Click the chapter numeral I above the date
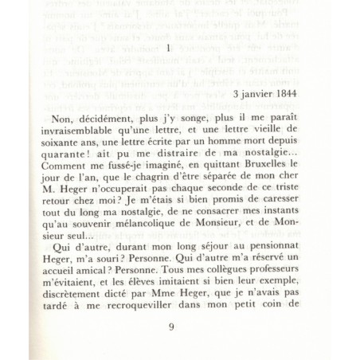170,51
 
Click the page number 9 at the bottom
171,327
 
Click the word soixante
61,139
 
